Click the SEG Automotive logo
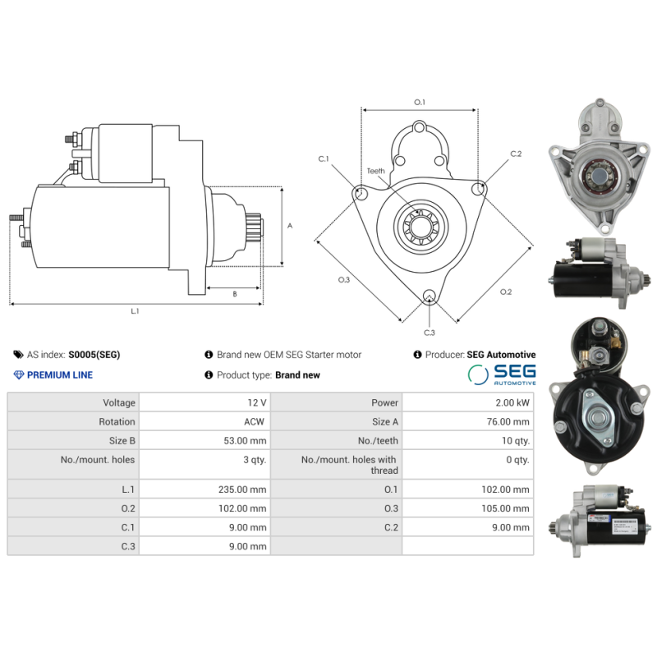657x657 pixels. click(x=502, y=374)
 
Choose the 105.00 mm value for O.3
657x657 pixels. click(x=506, y=508)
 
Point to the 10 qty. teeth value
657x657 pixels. click(x=513, y=440)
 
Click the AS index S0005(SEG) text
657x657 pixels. click(x=94, y=355)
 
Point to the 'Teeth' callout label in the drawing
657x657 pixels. click(x=375, y=171)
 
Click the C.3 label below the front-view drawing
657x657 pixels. click(x=429, y=333)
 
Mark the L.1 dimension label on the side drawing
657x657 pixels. click(x=135, y=311)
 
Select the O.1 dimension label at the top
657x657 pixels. click(x=420, y=102)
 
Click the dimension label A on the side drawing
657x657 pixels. click(x=289, y=226)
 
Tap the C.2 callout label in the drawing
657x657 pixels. click(x=516, y=154)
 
